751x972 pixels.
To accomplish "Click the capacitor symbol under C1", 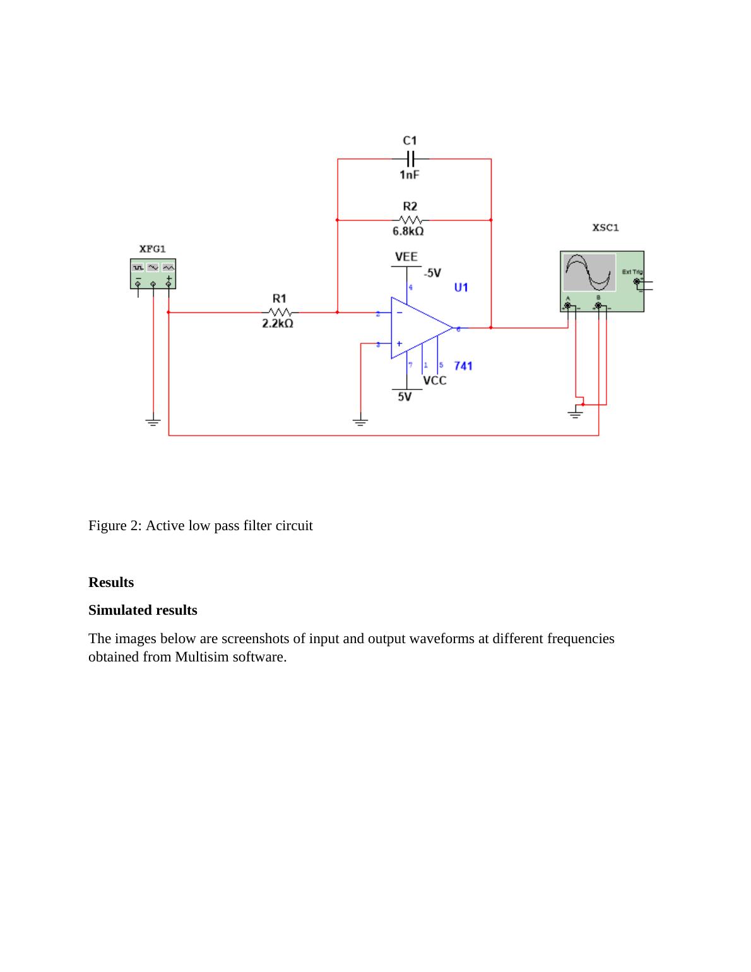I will click(410, 158).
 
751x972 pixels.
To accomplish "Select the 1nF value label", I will click(410, 175).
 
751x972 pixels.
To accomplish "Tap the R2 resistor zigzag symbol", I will click(411, 220).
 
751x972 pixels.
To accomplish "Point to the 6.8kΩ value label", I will click(408, 232).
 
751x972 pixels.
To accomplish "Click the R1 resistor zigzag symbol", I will click(280, 312).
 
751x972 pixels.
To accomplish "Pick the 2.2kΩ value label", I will click(278, 324).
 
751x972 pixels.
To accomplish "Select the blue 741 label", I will click(463, 366).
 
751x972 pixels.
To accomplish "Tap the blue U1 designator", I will click(461, 288).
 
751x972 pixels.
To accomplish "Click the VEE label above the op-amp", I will click(406, 257).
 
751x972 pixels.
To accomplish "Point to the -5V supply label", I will click(432, 273).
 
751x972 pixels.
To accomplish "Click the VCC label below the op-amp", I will click(434, 381).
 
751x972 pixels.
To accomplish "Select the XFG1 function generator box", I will click(153, 274).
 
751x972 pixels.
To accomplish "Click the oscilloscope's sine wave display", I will click(589, 272).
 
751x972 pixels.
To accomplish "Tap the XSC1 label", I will click(606, 228).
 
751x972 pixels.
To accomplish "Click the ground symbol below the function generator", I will click(153, 421).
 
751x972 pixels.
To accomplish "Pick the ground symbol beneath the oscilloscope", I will click(575, 413).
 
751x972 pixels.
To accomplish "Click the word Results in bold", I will click(111, 583).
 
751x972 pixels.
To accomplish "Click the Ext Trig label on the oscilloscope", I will click(632, 272).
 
